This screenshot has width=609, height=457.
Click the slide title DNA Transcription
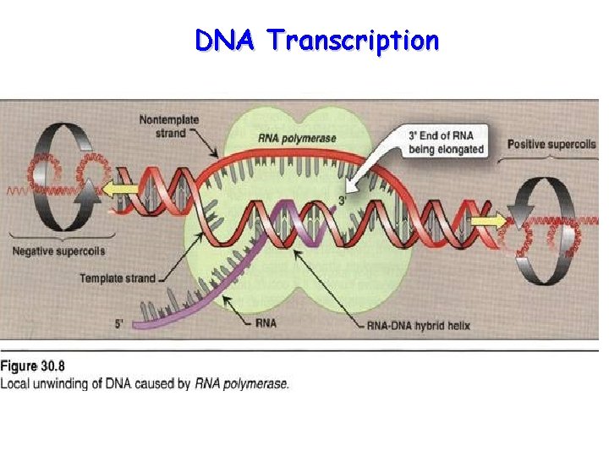pyautogui.click(x=316, y=40)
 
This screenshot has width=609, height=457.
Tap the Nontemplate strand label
pyautogui.click(x=169, y=126)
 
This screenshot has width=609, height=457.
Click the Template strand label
pyautogui.click(x=118, y=278)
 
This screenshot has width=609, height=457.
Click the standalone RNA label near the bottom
pyautogui.click(x=265, y=323)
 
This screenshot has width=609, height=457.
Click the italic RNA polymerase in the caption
pyautogui.click(x=242, y=383)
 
